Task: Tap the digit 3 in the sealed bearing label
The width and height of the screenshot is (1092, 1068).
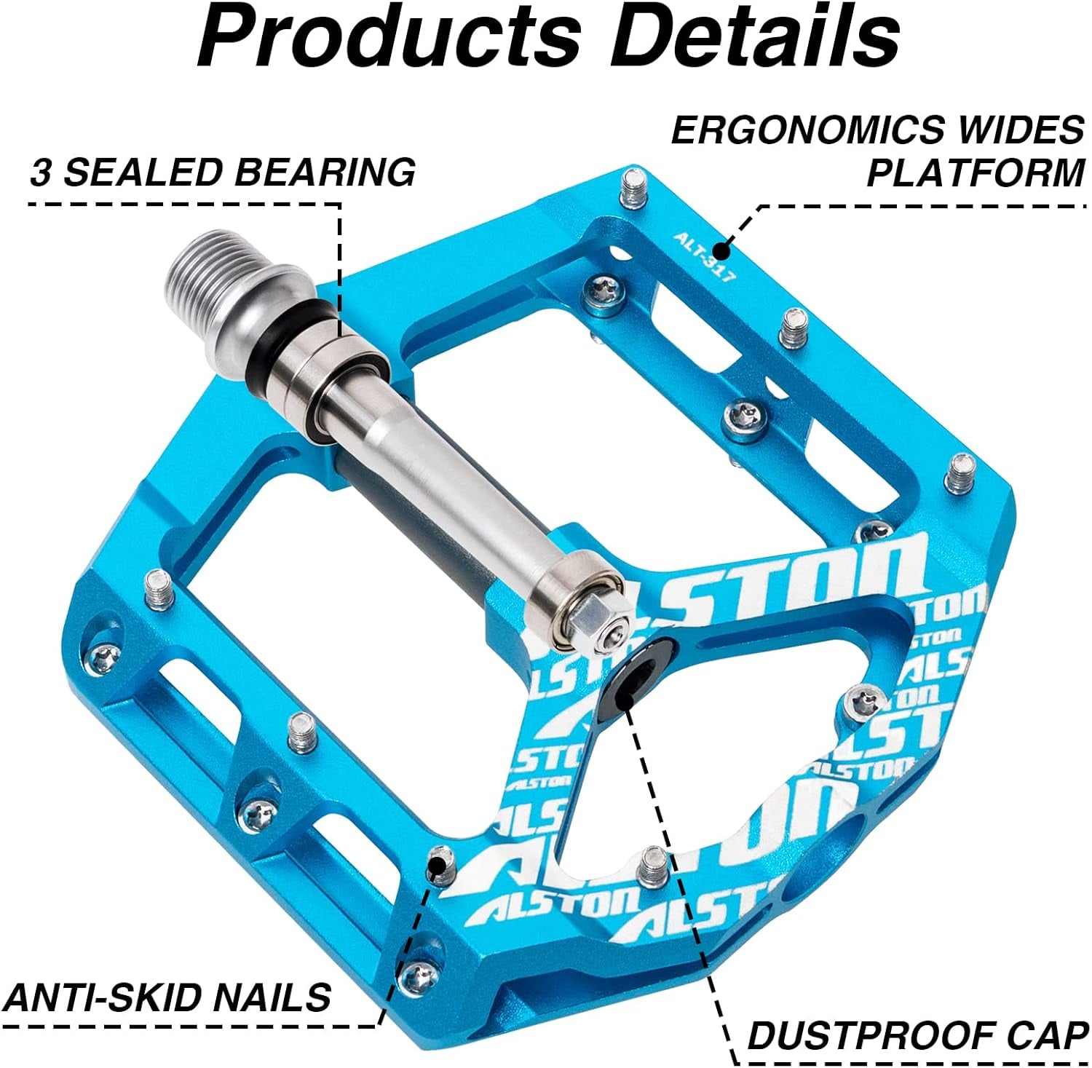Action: coord(41,173)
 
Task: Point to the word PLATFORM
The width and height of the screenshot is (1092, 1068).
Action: coord(976,173)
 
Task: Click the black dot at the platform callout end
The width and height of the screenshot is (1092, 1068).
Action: coord(721,251)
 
